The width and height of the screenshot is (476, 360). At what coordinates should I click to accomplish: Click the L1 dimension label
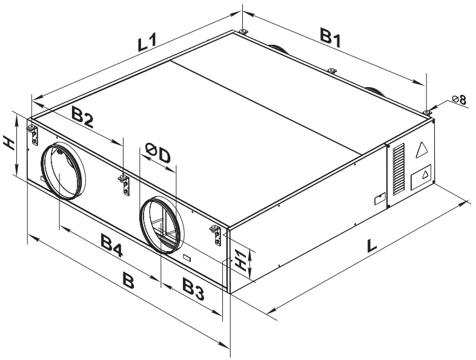[x=147, y=42]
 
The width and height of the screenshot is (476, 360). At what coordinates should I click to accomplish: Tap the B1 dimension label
[x=331, y=38]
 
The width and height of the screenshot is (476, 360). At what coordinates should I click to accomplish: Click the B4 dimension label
[x=111, y=246]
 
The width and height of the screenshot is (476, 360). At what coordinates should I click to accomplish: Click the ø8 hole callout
[x=459, y=99]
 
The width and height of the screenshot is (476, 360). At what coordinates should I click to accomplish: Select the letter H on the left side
[x=9, y=143]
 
